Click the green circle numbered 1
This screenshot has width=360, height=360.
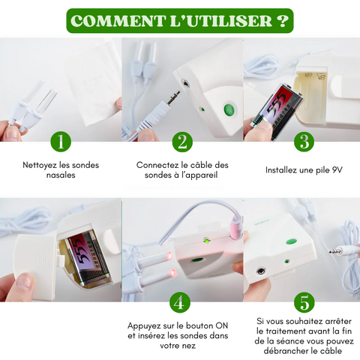tap(61, 142)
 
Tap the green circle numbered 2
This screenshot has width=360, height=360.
tap(182, 142)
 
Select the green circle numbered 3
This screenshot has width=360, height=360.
tap(304, 142)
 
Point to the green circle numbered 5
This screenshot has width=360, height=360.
tap(304, 302)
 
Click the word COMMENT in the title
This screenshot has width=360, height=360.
tap(118, 21)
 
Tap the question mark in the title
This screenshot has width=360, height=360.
tap(282, 21)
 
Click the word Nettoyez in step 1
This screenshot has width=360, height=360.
tap(40, 165)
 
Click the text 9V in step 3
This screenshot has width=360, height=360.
tap(337, 170)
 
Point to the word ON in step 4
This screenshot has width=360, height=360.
tap(222, 326)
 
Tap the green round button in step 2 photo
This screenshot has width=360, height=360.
tap(229, 109)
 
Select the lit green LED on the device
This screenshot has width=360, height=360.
tap(207, 241)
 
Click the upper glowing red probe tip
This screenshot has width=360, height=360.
tap(169, 256)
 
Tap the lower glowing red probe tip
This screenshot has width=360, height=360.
tap(172, 273)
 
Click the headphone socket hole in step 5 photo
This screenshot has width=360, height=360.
tap(261, 271)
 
